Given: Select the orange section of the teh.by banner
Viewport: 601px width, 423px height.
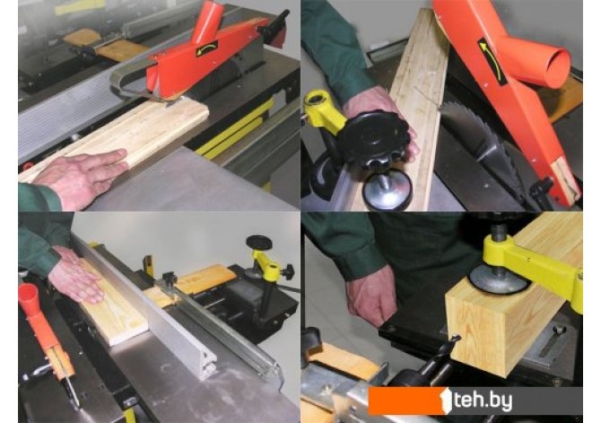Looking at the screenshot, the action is (x=405, y=401).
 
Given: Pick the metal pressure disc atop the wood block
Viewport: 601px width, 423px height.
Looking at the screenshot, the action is (x=497, y=282).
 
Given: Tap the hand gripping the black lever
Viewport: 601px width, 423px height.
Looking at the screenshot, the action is (x=370, y=294).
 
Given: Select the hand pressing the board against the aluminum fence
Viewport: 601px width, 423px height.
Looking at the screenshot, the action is (x=76, y=276).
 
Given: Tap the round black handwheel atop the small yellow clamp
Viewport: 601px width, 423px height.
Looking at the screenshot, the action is (x=259, y=242).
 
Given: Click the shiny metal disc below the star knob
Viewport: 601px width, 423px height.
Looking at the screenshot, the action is (x=388, y=191).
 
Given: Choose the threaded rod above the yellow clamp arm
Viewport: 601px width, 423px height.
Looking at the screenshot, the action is (x=499, y=230).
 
